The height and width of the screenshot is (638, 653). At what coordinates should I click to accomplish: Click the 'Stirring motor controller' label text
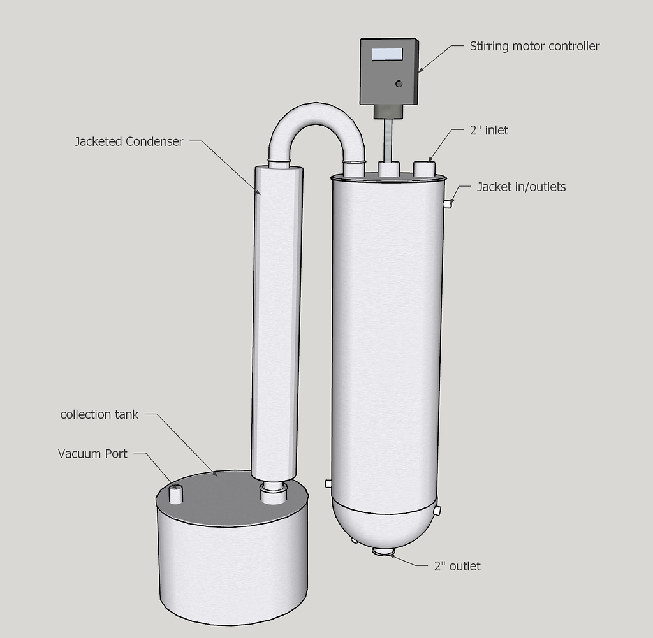pos(534,46)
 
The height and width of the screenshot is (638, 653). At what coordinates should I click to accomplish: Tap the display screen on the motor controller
pos(387,55)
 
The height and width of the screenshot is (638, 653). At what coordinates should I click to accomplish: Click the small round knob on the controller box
pos(399,83)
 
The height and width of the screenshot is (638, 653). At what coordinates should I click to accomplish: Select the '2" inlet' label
pos(488,131)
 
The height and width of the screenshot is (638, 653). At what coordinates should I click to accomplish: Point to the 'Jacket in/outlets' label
pos(521,187)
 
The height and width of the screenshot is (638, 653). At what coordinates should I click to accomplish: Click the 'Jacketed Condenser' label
pos(128,141)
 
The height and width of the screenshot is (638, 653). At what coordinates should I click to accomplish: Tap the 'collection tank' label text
pos(99,414)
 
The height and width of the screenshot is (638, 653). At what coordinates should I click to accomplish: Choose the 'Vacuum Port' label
pos(92,454)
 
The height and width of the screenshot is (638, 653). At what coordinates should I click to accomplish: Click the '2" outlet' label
pos(457,566)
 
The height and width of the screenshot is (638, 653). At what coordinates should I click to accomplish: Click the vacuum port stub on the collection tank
pos(175,494)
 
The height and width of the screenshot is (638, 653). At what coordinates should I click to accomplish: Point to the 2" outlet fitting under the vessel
pos(384,552)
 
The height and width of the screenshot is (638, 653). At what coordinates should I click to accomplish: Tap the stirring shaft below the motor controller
pos(387,140)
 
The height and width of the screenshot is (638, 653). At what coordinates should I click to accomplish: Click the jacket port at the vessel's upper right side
pos(448,204)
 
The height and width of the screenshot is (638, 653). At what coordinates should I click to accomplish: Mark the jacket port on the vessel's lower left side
pos(328,483)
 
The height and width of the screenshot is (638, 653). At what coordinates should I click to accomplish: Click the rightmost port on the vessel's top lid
pos(424,169)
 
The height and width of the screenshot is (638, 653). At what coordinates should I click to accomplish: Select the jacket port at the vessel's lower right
pos(437,511)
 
